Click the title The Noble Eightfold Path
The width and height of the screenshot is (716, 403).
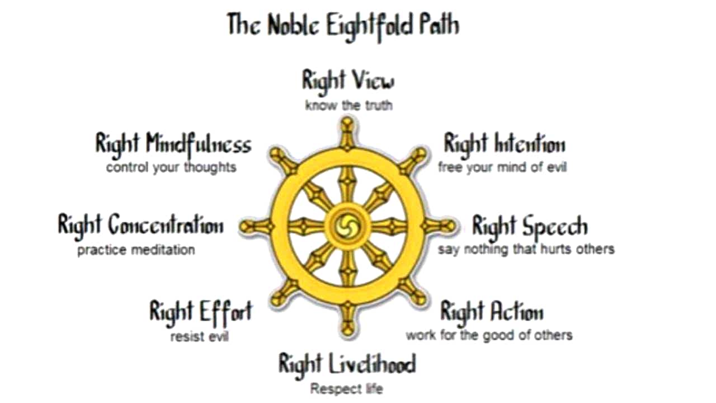(343, 25)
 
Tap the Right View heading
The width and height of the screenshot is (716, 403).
(348, 80)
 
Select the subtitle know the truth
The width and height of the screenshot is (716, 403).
(348, 105)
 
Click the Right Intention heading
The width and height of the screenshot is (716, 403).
(504, 144)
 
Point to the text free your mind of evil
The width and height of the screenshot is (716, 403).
(502, 167)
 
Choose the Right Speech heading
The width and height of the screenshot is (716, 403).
(529, 226)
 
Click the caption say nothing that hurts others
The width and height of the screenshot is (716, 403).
(526, 249)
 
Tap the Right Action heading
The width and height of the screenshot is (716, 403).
(492, 312)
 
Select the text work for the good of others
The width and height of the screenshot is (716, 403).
(489, 335)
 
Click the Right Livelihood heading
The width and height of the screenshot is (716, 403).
(347, 364)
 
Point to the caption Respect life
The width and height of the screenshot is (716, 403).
(347, 388)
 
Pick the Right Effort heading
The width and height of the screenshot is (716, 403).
(200, 311)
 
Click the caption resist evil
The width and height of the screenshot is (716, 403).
(200, 336)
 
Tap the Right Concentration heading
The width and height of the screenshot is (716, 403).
(140, 225)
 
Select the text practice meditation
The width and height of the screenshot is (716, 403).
(136, 250)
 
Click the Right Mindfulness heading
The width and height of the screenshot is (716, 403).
(173, 144)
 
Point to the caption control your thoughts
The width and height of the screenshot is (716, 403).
(171, 167)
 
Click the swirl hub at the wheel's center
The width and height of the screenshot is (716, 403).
(347, 226)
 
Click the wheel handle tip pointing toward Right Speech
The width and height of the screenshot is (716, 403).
(447, 226)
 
